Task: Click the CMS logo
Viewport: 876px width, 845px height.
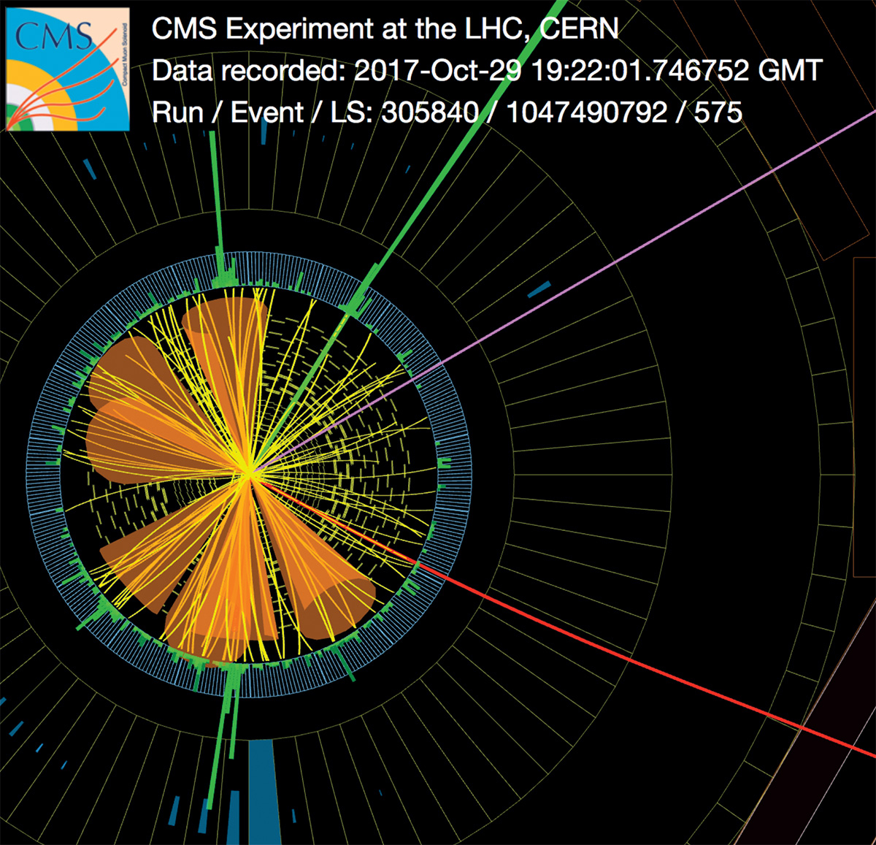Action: click(67, 69)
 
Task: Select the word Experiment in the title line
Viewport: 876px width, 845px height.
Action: click(299, 30)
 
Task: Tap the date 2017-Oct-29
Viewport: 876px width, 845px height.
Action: click(437, 71)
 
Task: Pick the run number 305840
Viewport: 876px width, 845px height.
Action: click(429, 112)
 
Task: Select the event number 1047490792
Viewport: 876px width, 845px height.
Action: click(586, 112)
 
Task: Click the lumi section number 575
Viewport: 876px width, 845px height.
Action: click(718, 112)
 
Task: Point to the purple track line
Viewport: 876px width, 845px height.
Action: click(563, 292)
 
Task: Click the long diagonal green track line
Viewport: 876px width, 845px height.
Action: click(407, 237)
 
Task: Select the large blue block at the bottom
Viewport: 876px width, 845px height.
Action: click(261, 792)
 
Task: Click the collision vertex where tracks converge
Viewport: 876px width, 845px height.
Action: click(249, 474)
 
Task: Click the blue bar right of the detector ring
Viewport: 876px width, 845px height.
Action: click(539, 289)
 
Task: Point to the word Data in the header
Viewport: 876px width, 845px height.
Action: click(182, 71)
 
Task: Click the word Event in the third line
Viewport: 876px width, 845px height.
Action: click(266, 112)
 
